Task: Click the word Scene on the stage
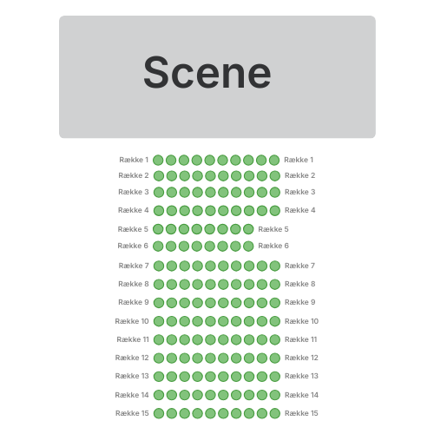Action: pos(207,72)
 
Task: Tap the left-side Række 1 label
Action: pos(134,160)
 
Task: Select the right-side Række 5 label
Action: pos(273,229)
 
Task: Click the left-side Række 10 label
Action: pos(132,321)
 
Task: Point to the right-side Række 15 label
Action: pos(301,413)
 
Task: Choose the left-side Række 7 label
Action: pos(134,266)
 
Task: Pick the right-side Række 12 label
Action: pos(301,358)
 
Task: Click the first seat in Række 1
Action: pos(158,160)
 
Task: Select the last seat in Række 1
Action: pos(274,160)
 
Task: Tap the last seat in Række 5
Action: pos(248,229)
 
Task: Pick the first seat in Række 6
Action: pos(158,247)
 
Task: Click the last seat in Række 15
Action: pos(275,413)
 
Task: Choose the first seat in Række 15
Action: pos(159,413)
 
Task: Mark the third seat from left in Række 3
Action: pos(184,192)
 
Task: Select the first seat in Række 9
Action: pos(159,303)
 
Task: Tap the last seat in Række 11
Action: pos(275,339)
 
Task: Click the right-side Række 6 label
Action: pos(273,246)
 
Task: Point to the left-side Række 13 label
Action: pos(132,376)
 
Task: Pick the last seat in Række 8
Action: pos(275,284)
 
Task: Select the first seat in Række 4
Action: pos(159,211)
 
